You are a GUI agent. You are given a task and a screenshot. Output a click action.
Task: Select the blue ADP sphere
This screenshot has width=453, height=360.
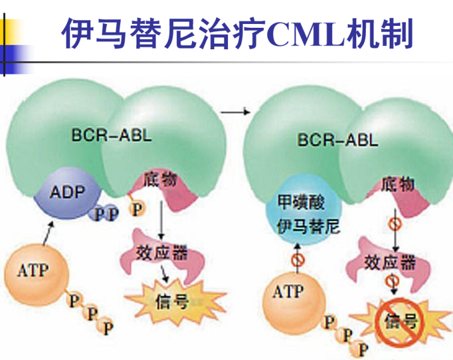click(x=68, y=193)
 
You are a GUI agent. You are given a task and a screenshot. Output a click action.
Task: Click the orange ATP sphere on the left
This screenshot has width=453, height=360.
click(x=34, y=272)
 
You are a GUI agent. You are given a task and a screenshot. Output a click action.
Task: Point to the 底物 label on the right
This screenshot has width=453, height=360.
click(x=397, y=184)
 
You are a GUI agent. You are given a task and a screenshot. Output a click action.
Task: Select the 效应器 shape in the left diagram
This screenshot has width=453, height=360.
click(x=162, y=253)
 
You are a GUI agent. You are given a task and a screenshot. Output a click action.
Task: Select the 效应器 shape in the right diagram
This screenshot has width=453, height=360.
click(x=391, y=262)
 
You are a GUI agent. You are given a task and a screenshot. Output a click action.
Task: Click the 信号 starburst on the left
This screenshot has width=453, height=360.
click(x=171, y=301)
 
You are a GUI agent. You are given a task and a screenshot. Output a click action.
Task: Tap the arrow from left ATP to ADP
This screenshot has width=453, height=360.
click(x=46, y=234)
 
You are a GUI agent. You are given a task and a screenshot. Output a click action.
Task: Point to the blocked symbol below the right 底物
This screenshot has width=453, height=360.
click(x=394, y=224)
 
